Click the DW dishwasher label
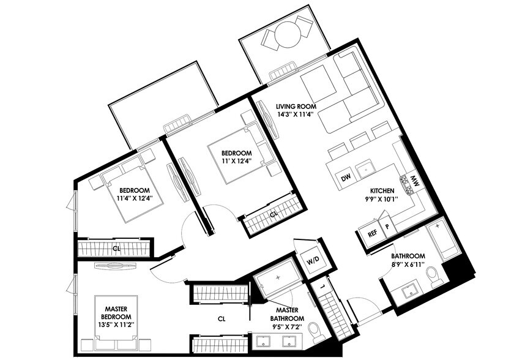coord(346,178)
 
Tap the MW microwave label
coord(414,181)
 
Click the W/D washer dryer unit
coord(312,260)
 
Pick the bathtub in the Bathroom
coord(441,242)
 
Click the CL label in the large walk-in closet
coord(222,318)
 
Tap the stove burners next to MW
coord(404,182)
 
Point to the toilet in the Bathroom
coord(435,277)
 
